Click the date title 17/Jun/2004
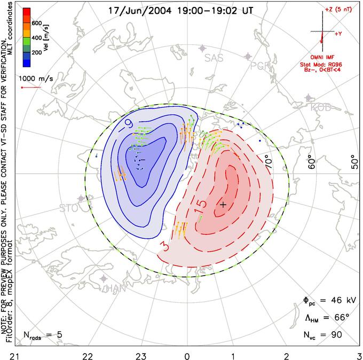(x=136, y=10)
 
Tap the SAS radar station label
(x=214, y=58)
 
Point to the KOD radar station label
(x=321, y=108)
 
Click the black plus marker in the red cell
(x=223, y=205)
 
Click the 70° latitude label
(x=267, y=160)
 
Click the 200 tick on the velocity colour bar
(x=37, y=53)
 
